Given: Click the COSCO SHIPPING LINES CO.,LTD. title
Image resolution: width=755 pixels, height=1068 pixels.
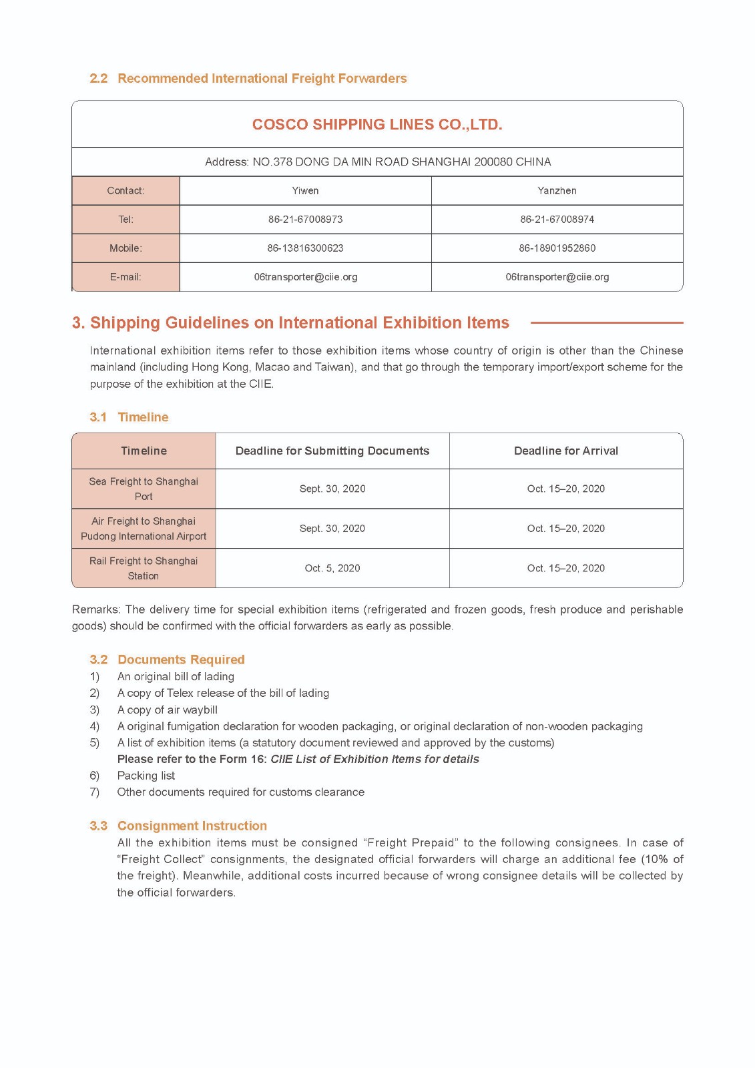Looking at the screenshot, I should point(377,125).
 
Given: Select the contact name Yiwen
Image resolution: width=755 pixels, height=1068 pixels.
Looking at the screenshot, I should point(305,191).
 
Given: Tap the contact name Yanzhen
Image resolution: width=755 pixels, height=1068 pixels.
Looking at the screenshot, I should point(557,191).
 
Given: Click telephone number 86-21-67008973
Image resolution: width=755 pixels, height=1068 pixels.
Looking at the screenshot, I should point(305,220).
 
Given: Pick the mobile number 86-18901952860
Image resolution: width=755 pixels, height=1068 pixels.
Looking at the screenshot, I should point(557,248).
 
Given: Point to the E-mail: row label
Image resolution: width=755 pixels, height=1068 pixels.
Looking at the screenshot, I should point(125,277).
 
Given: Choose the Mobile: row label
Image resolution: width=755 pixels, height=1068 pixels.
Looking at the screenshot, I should point(125,248).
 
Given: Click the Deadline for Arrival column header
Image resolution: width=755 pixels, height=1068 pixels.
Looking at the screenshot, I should point(565,451).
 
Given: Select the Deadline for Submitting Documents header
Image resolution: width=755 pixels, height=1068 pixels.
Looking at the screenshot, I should point(332,451).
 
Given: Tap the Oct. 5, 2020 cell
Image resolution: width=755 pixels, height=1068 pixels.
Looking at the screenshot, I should point(332,569).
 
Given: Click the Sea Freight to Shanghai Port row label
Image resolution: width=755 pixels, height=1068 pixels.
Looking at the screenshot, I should point(144,489).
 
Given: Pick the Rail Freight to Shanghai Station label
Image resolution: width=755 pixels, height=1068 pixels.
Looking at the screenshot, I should point(144,569).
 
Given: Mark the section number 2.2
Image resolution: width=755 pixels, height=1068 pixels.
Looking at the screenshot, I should point(98,79).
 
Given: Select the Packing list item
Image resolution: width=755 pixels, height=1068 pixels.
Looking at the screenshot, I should point(146,776).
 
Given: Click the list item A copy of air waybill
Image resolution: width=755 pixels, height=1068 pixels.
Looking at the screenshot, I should point(167,710).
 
